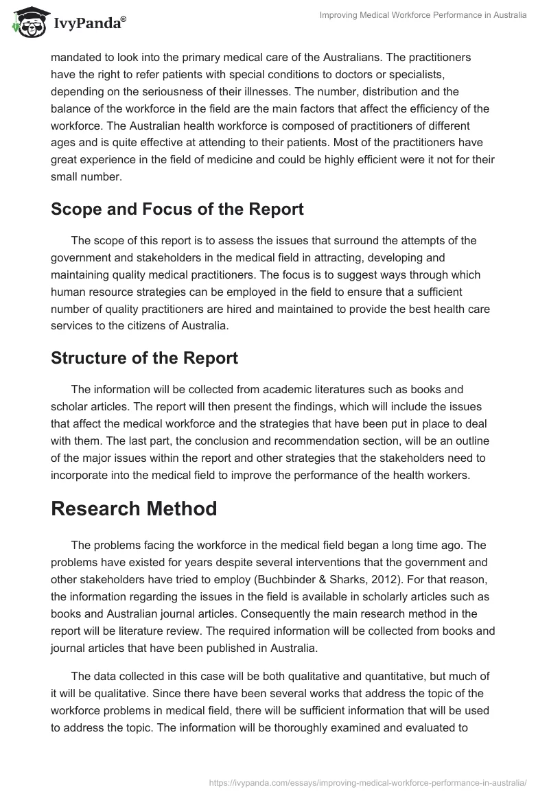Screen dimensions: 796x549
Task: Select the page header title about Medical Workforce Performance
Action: [423, 15]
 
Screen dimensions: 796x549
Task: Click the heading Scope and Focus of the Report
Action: [177, 209]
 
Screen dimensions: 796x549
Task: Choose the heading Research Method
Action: [134, 508]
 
